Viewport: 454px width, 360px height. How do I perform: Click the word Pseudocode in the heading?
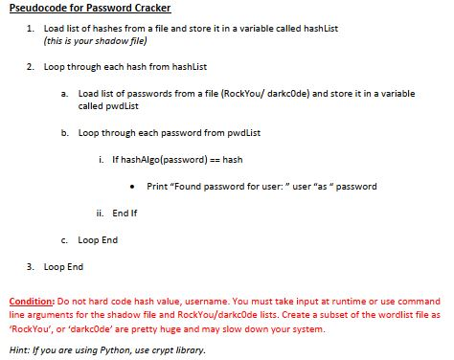pos(36,9)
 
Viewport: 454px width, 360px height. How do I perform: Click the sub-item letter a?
pos(63,94)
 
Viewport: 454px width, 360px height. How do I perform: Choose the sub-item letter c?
pos(63,239)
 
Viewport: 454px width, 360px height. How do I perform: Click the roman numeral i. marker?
pos(102,158)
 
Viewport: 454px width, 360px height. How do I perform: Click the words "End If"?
pos(126,213)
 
